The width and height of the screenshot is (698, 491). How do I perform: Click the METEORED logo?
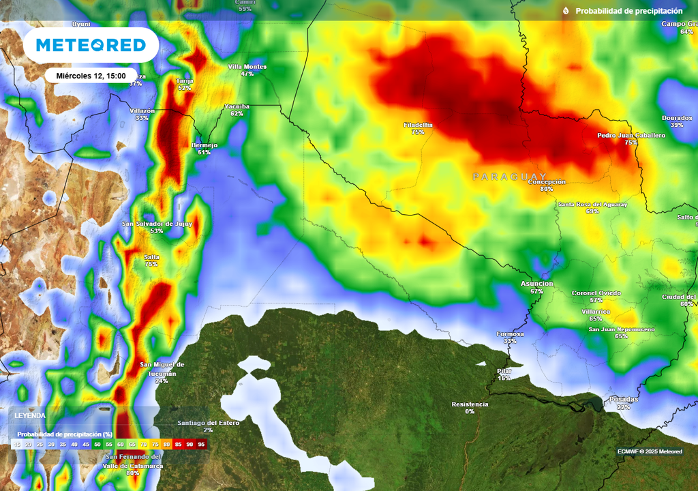(91, 45)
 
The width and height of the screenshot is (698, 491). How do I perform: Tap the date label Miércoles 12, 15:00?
(91, 76)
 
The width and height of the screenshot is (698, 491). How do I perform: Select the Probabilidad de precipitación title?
(628, 11)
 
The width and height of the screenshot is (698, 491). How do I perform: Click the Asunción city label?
(536, 284)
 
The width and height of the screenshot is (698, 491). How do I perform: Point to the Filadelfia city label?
(418, 125)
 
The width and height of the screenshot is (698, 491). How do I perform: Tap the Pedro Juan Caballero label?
(631, 136)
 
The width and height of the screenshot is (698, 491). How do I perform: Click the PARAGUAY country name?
(510, 177)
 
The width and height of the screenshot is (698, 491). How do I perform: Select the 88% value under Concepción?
(546, 189)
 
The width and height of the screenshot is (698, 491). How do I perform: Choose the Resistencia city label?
(470, 404)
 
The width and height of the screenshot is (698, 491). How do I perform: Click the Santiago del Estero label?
(209, 423)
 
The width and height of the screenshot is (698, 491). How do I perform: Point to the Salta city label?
(151, 256)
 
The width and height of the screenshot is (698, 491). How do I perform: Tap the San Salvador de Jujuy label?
(157, 224)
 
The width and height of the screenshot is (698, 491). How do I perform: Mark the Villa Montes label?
(247, 67)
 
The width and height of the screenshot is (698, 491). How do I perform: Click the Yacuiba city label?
(237, 106)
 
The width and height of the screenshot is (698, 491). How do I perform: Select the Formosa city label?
(510, 334)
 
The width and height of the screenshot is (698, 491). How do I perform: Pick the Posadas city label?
(623, 399)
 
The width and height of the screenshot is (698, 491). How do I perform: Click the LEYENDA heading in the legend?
(31, 415)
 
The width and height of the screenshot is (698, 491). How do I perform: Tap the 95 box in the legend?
(201, 445)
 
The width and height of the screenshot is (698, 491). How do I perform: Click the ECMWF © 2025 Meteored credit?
(649, 451)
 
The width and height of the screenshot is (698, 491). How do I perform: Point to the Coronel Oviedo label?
(596, 293)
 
